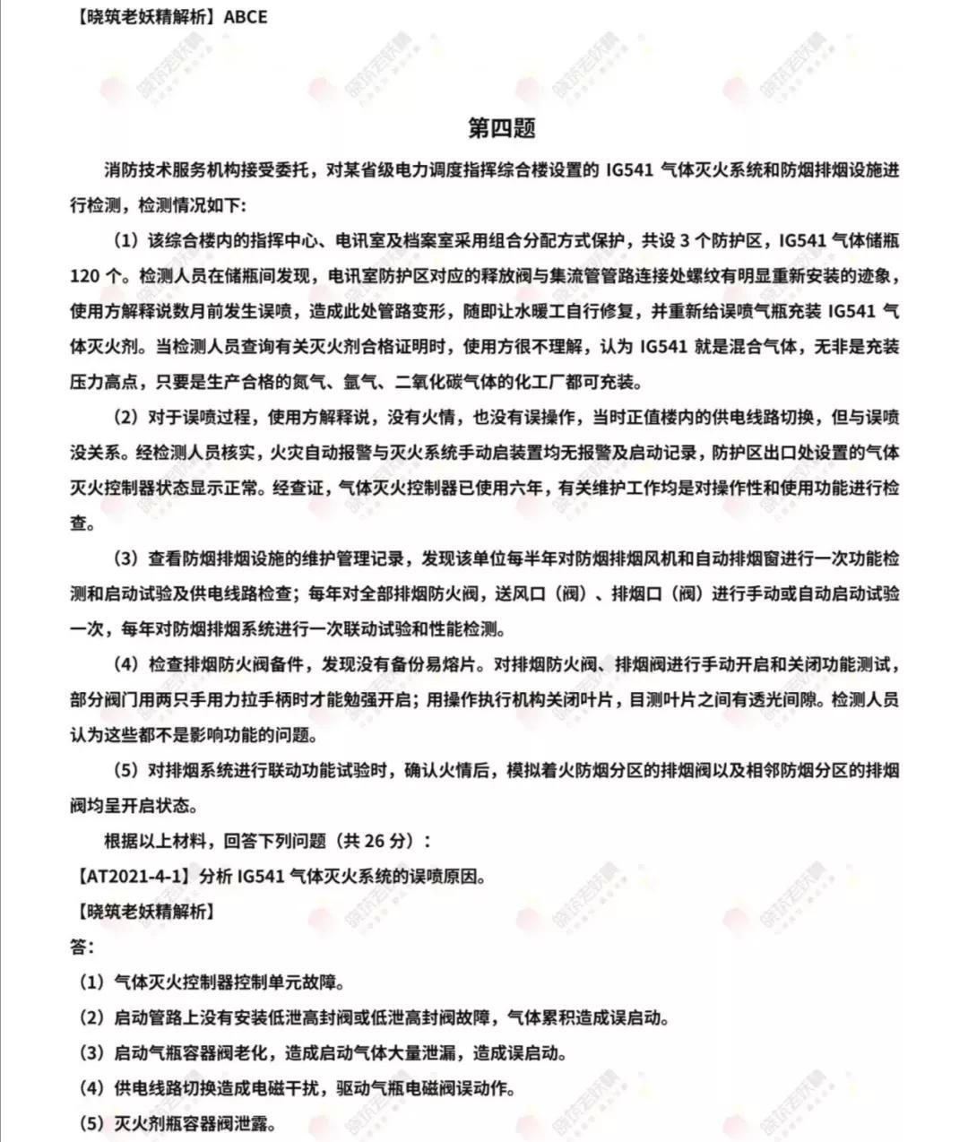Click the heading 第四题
point(501,128)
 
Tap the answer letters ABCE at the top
point(245,17)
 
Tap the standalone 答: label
point(82,947)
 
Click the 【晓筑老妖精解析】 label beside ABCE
point(143,17)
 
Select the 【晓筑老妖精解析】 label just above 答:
point(143,912)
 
